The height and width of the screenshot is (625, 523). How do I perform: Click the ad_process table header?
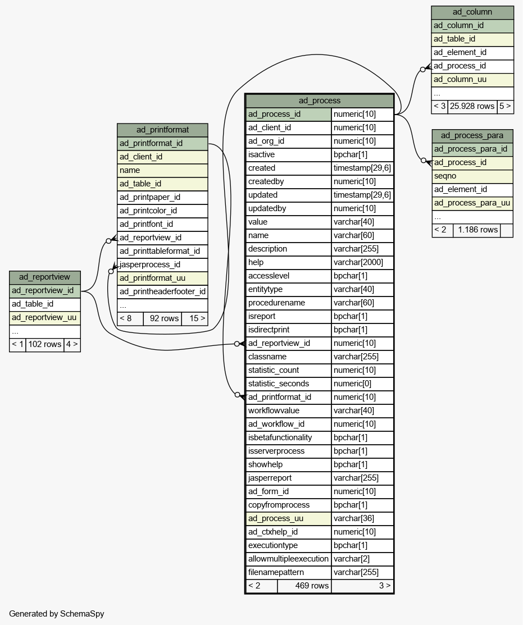(x=319, y=101)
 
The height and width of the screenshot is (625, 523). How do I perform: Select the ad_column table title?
(x=472, y=12)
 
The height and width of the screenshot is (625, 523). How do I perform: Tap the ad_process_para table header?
(x=472, y=135)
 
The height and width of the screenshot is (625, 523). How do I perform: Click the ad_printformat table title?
(x=163, y=130)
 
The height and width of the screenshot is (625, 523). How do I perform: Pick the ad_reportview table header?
(x=44, y=277)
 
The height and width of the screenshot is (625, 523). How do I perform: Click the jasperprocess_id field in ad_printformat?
(x=163, y=264)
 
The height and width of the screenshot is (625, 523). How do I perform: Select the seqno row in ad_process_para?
(x=472, y=176)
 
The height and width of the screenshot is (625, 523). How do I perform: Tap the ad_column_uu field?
(x=472, y=79)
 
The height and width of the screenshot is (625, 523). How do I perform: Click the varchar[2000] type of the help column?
(x=362, y=262)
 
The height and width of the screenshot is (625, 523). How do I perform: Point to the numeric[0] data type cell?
(x=362, y=384)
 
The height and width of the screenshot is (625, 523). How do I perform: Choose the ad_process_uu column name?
(x=289, y=518)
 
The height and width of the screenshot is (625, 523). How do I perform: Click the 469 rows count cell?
(x=304, y=586)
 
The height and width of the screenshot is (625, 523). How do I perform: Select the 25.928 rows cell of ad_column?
(x=472, y=107)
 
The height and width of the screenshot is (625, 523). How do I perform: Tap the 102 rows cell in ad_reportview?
(x=45, y=344)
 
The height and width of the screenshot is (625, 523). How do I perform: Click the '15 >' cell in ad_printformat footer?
(x=195, y=318)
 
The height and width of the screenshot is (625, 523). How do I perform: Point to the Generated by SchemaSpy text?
(x=57, y=614)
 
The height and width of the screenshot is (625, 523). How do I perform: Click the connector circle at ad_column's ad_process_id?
(x=422, y=70)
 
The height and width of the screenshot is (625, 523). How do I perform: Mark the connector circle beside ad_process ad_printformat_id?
(x=238, y=395)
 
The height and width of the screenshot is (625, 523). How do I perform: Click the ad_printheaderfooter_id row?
(x=163, y=292)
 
